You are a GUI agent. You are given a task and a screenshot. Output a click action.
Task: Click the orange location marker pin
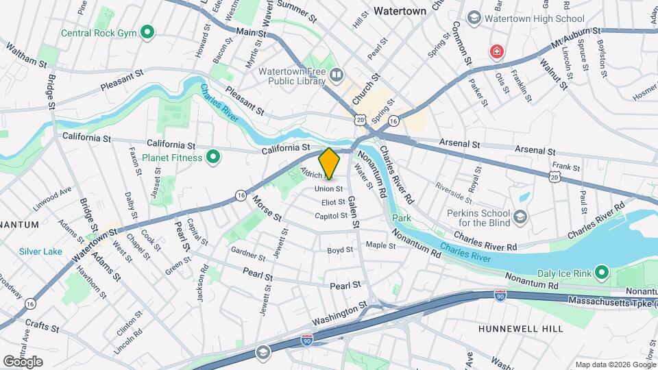point(330,164)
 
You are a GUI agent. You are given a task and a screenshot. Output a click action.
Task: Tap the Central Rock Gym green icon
point(147,32)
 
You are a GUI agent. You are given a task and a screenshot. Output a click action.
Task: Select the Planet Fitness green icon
point(212,158)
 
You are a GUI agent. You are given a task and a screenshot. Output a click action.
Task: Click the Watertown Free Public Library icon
point(335,74)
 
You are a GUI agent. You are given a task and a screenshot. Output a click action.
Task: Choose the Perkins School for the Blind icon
point(520,217)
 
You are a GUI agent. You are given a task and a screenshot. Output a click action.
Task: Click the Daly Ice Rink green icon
point(602,273)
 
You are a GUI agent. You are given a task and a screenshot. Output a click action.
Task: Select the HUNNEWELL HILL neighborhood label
point(521,329)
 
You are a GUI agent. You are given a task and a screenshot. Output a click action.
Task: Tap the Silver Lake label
point(41,251)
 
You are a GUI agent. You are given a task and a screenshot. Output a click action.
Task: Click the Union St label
point(328,188)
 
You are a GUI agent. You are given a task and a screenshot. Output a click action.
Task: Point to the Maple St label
point(376,245)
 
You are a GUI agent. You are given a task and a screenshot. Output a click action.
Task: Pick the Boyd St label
point(340,251)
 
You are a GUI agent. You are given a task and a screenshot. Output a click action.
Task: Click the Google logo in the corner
point(23,361)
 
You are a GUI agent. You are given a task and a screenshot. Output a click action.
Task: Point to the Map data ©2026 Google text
point(614,365)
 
